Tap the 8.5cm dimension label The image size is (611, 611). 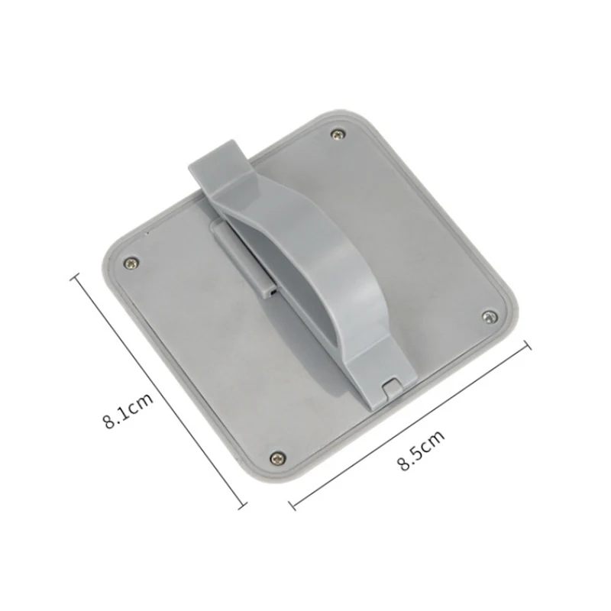(x=421, y=451)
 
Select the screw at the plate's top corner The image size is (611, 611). (x=338, y=135)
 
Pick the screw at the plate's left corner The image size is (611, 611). (x=131, y=263)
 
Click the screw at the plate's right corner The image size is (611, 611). (x=490, y=316)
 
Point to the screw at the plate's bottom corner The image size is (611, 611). (x=278, y=457)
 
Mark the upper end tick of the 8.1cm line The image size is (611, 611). (x=75, y=277)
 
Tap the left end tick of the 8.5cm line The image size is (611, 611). (x=293, y=505)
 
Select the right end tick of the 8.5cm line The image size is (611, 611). (x=528, y=345)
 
